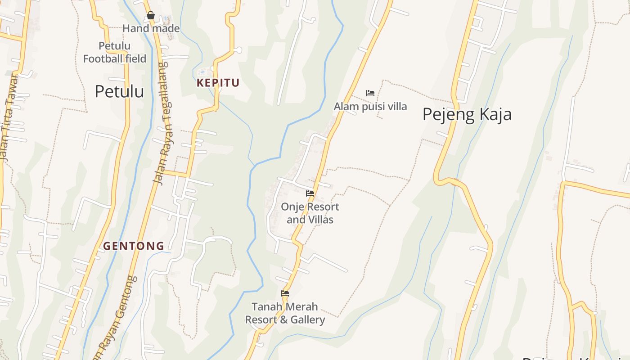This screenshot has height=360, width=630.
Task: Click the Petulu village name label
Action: (119, 91)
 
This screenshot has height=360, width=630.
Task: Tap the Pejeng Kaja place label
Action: (467, 114)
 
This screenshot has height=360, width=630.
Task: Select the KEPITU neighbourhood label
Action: (218, 83)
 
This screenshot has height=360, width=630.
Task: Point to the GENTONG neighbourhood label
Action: (134, 246)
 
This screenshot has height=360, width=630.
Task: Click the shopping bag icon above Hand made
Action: (151, 16)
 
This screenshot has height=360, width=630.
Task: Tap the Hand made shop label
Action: (151, 28)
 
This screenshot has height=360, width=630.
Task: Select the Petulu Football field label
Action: (115, 52)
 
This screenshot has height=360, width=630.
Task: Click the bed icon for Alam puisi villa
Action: (370, 93)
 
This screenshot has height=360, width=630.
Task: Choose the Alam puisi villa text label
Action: (370, 107)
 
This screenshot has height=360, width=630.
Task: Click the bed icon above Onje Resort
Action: (310, 193)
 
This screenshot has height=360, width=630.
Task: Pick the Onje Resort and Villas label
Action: (310, 213)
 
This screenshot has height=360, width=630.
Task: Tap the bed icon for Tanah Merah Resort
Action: (285, 293)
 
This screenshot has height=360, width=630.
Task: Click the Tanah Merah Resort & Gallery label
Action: (285, 313)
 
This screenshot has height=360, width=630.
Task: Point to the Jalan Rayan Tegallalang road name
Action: (161, 124)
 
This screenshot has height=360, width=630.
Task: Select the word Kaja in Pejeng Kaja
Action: (495, 114)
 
